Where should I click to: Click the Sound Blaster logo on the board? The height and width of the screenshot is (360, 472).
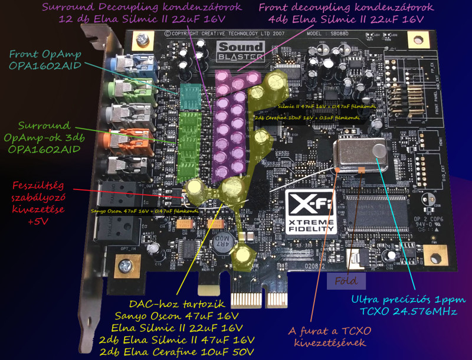pyautogui.click(x=240, y=50)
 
